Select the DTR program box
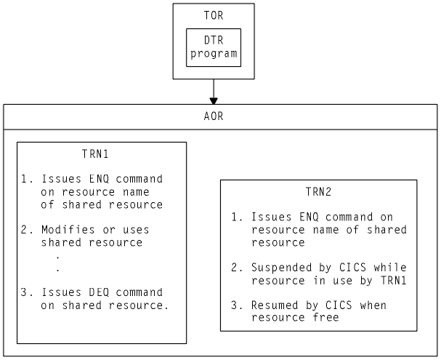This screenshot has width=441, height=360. tap(213, 47)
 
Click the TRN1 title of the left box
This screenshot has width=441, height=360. tap(97, 154)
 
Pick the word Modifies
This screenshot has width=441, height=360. tap(65, 229)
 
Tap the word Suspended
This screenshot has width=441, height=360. tap(281, 267)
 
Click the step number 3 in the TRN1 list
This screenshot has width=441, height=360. tap(24, 292)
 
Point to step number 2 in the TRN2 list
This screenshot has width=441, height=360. tap(235, 267)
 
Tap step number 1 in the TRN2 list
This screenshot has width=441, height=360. tap(235, 217)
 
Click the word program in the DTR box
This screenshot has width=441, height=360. tap(213, 54)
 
